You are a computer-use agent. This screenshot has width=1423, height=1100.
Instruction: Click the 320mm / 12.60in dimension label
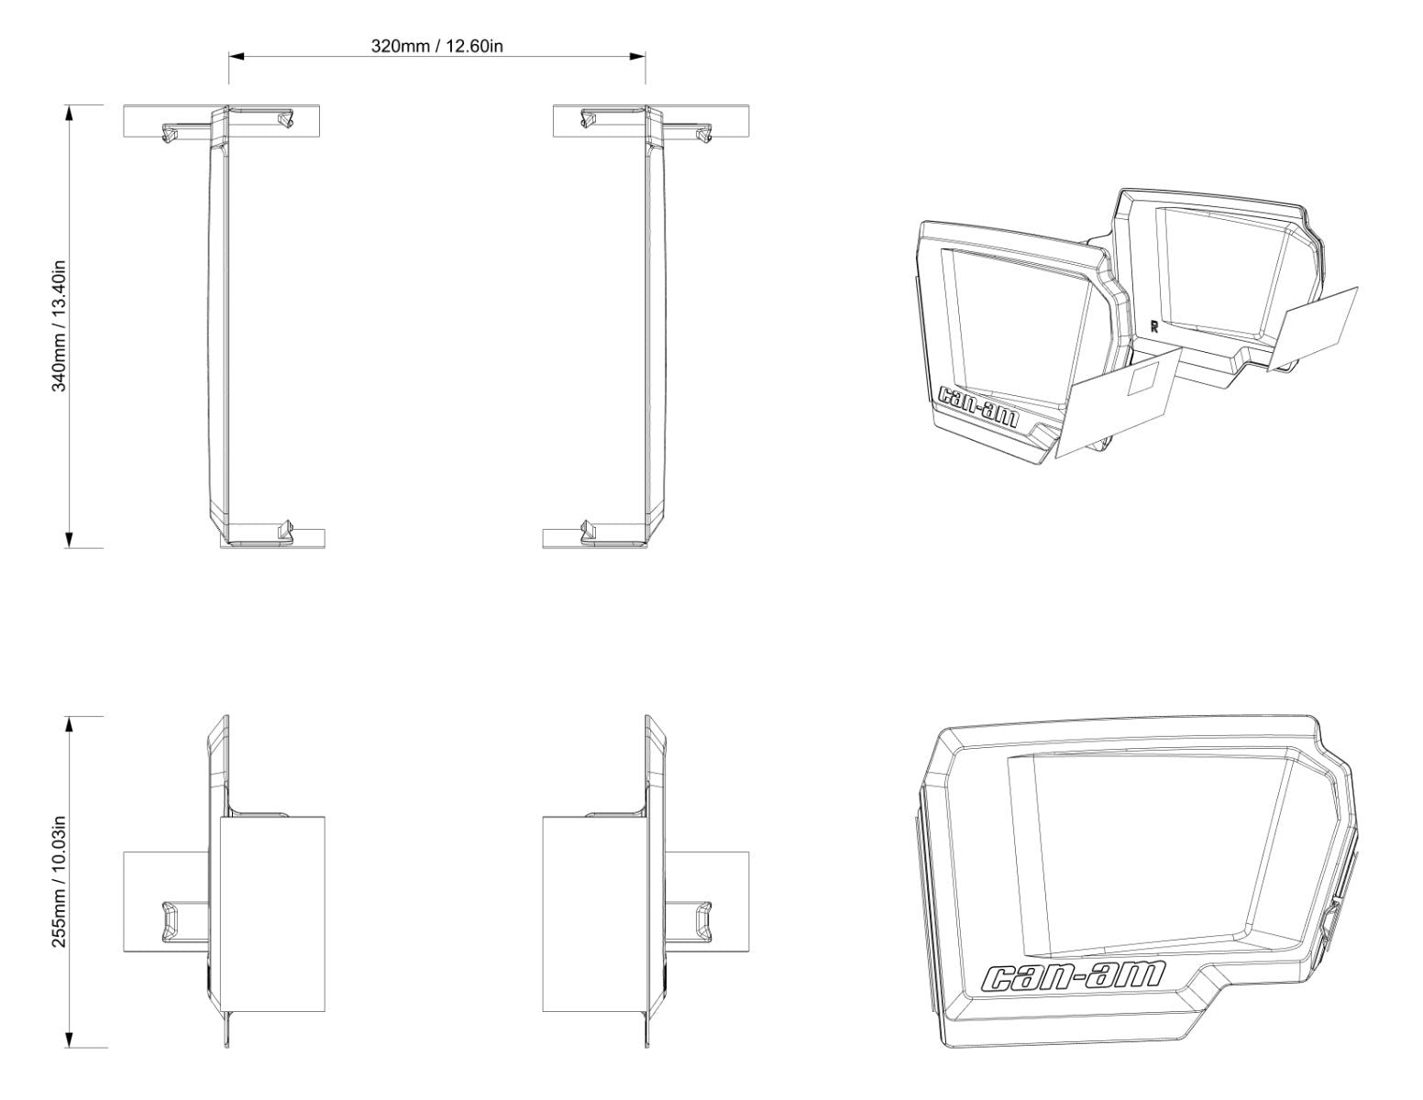(x=436, y=46)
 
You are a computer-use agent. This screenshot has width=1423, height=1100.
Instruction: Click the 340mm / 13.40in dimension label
(x=59, y=326)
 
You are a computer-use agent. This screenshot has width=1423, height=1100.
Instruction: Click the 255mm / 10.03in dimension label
(x=59, y=882)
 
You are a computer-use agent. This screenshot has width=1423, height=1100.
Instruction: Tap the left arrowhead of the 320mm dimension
(x=237, y=56)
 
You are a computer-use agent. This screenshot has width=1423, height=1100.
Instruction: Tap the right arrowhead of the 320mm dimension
(x=637, y=56)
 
